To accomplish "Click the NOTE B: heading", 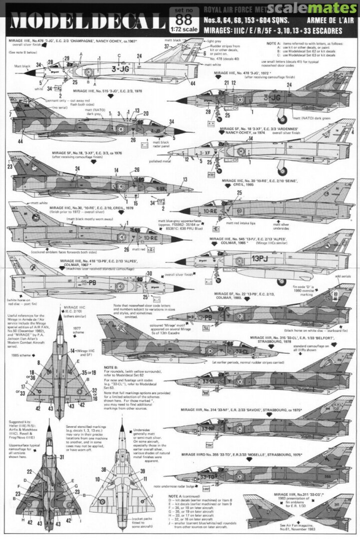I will click(x=111, y=367).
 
